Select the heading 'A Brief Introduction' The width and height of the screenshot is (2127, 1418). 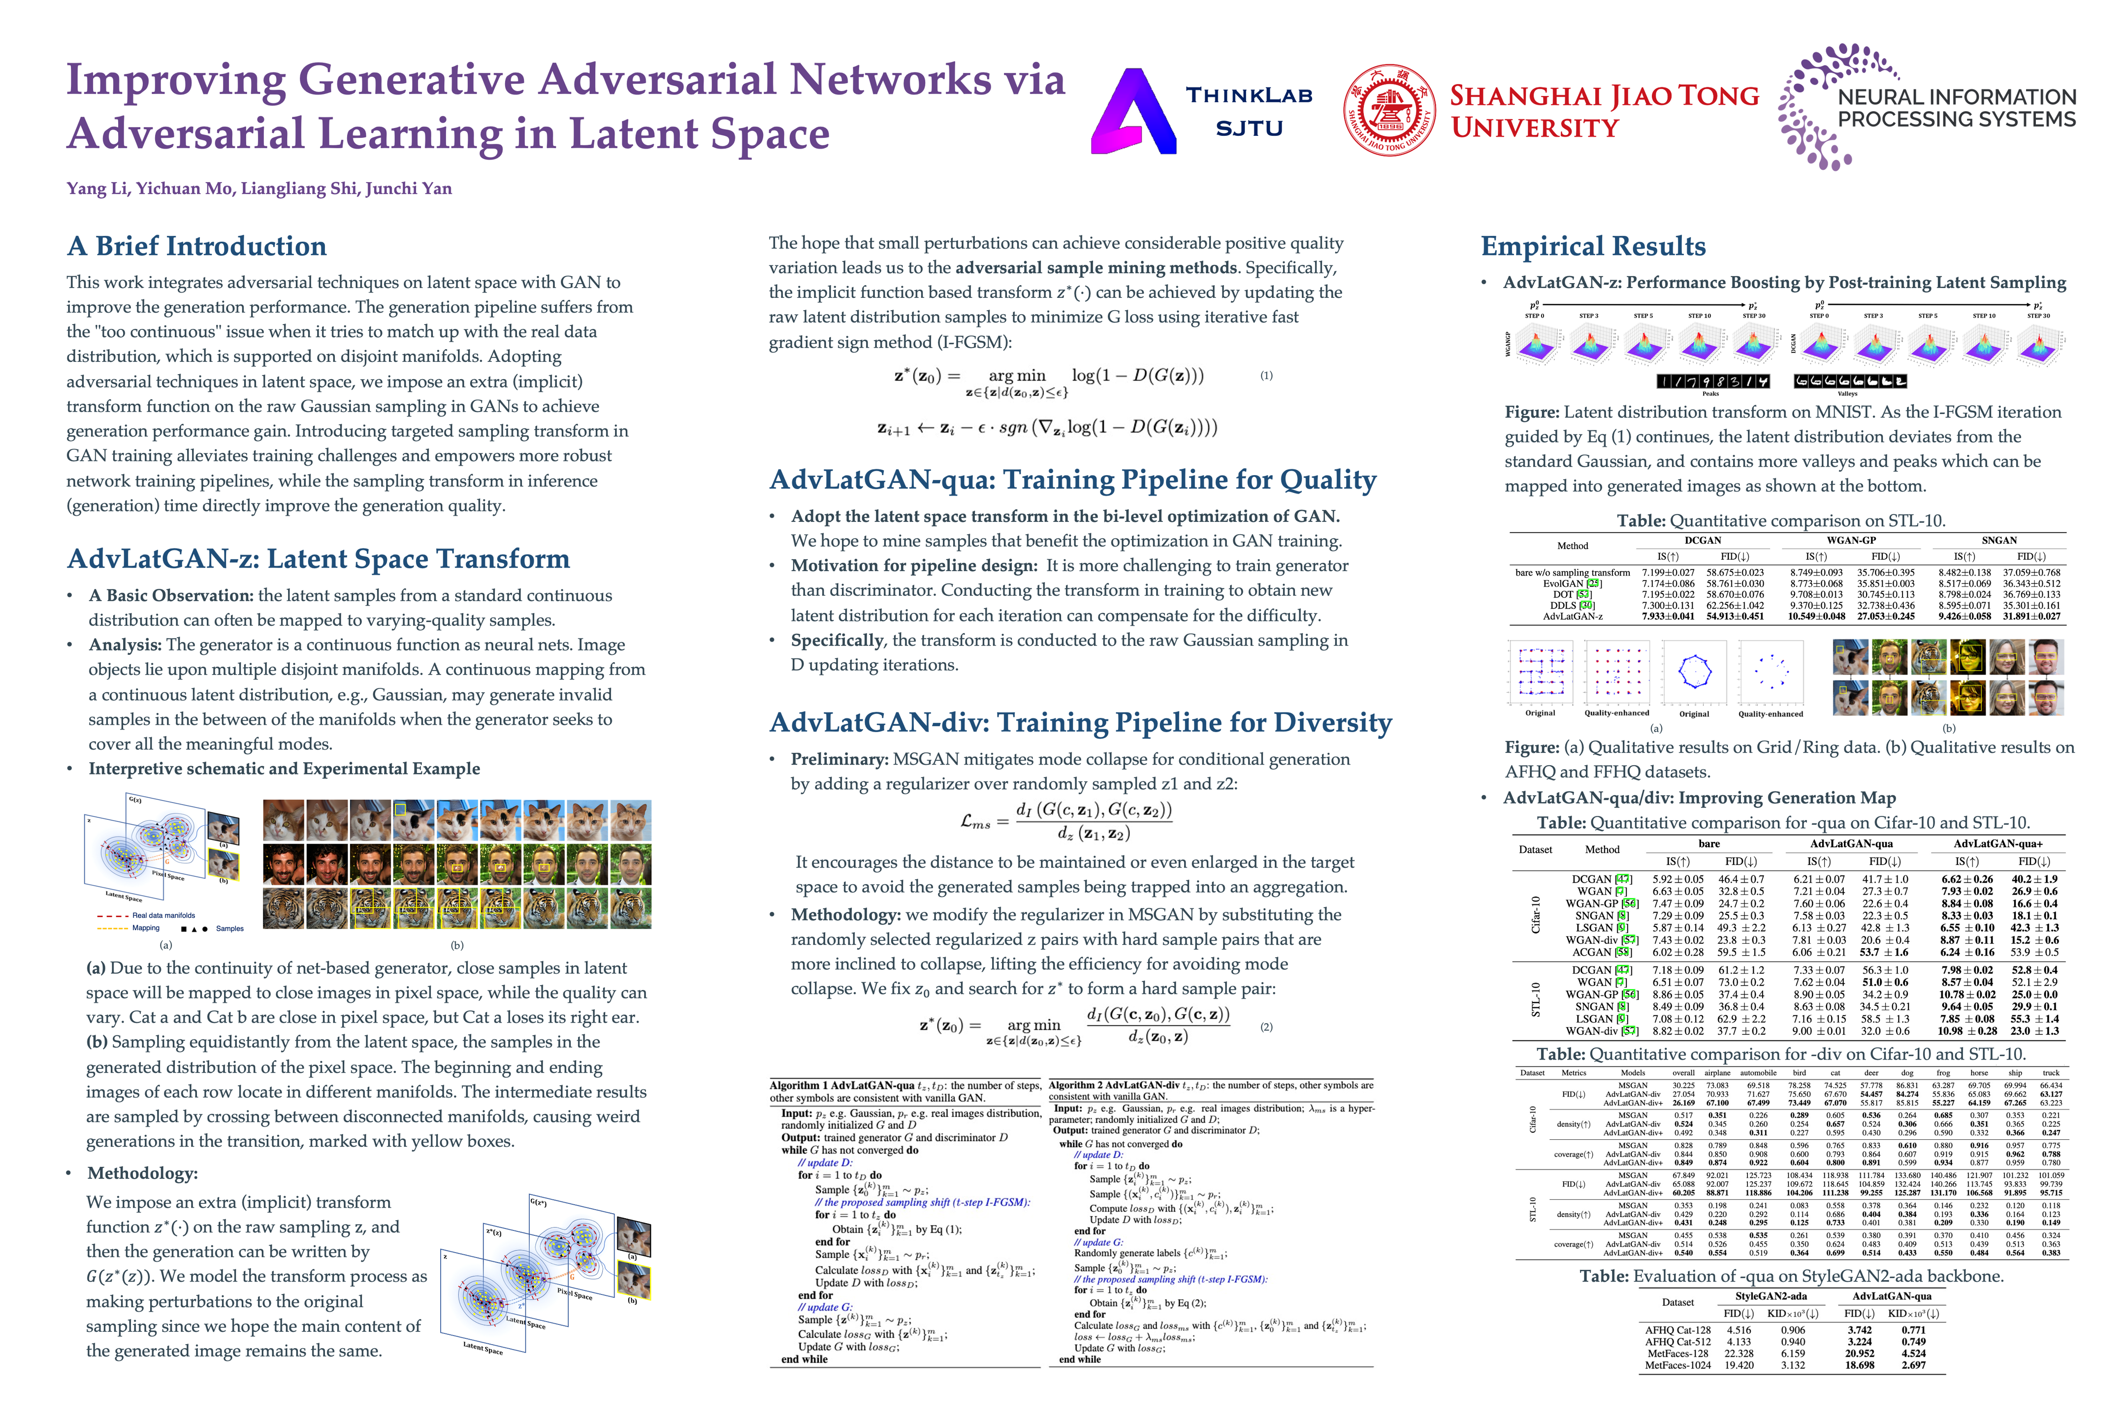point(196,246)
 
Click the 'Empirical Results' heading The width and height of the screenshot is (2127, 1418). point(1592,246)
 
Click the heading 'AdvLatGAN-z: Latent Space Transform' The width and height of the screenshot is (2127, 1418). point(319,559)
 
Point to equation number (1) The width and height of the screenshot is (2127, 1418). point(1266,375)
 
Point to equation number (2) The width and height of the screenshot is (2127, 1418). point(1266,1027)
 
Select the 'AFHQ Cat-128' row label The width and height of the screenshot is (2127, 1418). point(1677,1330)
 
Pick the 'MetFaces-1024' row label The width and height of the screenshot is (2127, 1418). point(1677,1365)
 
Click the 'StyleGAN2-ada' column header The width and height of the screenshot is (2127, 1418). point(1771,1296)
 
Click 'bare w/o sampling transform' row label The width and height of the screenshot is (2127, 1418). point(1573,573)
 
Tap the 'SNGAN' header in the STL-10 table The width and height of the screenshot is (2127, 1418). point(1999,540)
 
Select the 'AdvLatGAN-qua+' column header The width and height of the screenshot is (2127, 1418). point(1997,844)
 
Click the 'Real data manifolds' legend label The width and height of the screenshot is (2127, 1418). point(163,915)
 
